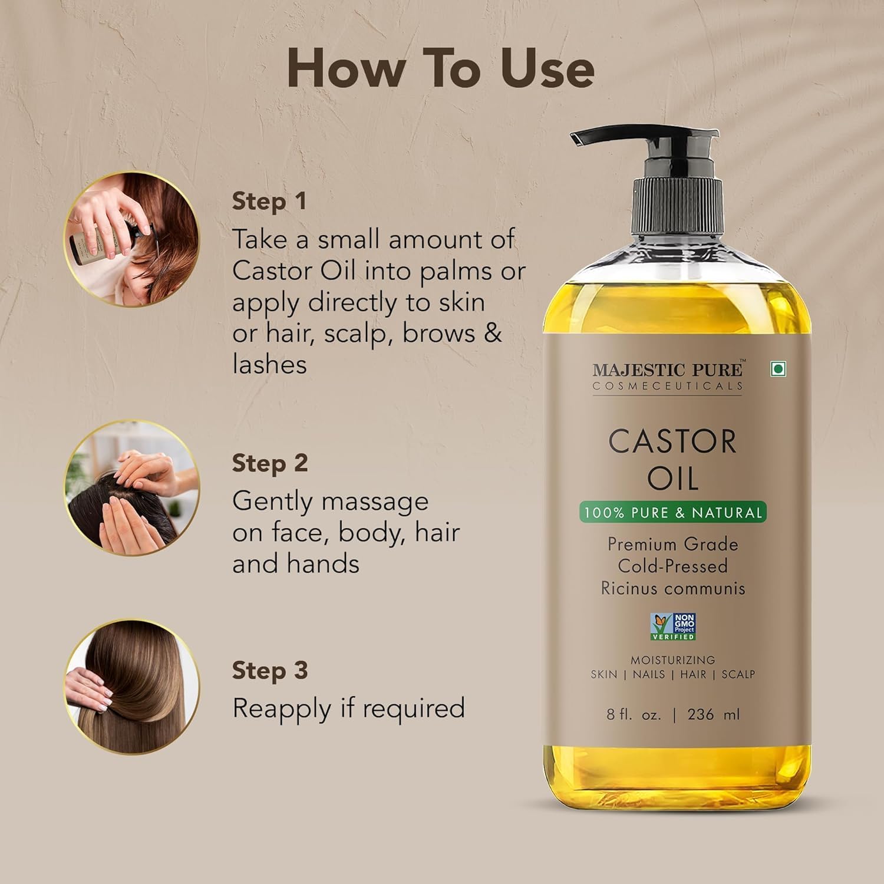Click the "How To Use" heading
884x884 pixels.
click(440, 69)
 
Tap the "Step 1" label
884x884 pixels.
click(269, 201)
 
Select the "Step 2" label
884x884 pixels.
click(270, 463)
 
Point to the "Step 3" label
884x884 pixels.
click(270, 670)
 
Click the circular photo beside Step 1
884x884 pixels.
click(132, 239)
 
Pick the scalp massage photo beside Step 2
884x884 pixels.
click(132, 488)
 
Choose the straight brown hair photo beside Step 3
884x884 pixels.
click(132, 687)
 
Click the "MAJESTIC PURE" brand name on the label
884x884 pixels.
click(667, 370)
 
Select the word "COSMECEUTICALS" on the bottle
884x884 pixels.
click(667, 386)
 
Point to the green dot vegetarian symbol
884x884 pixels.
click(779, 369)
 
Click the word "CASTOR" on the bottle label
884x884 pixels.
click(672, 441)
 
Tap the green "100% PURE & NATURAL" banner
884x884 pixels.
click(672, 512)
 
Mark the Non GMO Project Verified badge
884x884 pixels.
click(673, 626)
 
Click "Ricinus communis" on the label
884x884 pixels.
click(673, 588)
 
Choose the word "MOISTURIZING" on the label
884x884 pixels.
click(672, 660)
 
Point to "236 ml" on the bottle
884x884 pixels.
click(713, 714)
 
